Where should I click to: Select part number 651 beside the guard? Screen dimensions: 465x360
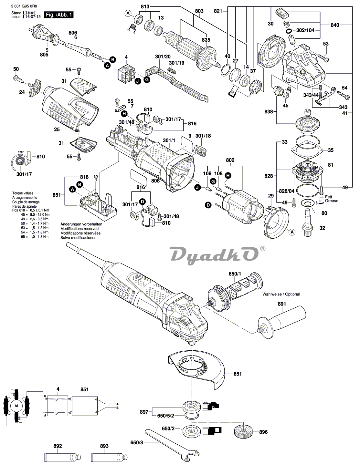point(238,374)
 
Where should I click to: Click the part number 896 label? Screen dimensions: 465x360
point(263,432)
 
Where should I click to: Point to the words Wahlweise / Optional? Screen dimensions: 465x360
point(281,294)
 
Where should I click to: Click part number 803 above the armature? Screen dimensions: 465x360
point(199,11)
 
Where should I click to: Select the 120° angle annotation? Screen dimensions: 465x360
point(21,152)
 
